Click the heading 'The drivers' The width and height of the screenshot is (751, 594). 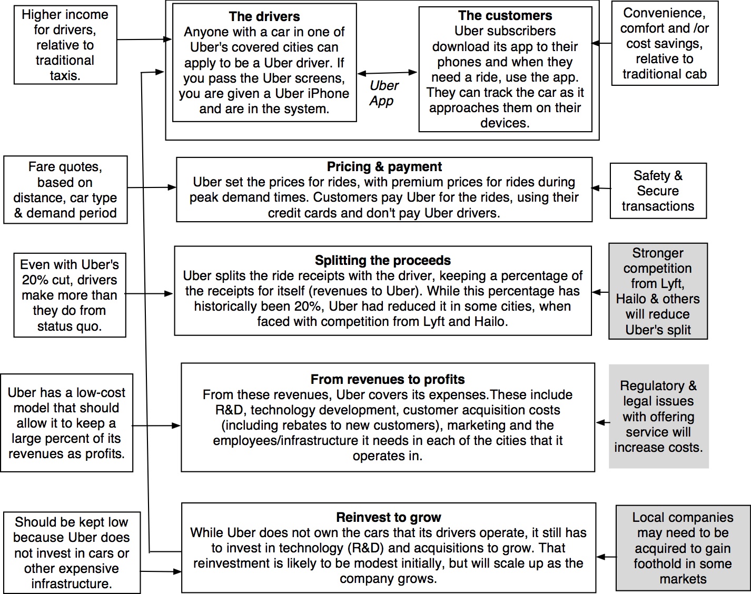(x=264, y=16)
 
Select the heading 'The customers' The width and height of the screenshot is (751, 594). (x=505, y=16)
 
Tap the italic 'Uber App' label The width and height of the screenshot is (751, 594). (x=383, y=93)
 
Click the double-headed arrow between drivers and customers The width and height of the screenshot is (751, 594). (x=387, y=73)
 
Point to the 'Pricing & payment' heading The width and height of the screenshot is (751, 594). (x=384, y=167)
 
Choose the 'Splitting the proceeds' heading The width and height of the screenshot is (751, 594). (x=383, y=261)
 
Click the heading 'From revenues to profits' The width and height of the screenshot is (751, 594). (x=388, y=379)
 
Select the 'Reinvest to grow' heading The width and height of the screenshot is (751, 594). (x=389, y=517)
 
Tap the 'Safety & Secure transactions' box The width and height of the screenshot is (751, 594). (x=658, y=191)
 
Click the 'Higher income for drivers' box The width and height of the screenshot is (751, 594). (x=65, y=45)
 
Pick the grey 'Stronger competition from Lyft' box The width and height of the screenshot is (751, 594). (x=658, y=291)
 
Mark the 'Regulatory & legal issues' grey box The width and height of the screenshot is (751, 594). (x=658, y=417)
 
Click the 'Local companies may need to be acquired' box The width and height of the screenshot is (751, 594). (x=683, y=548)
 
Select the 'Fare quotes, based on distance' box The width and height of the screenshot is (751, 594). (x=65, y=190)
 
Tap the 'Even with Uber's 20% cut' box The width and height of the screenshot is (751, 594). (x=70, y=295)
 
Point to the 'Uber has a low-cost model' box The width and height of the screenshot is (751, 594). (x=66, y=423)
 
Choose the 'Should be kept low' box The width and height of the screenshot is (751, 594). (x=72, y=553)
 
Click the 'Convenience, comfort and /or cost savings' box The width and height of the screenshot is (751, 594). (x=665, y=44)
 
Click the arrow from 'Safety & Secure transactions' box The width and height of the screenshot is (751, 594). (x=601, y=188)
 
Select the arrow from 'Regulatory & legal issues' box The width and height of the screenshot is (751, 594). (x=602, y=422)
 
